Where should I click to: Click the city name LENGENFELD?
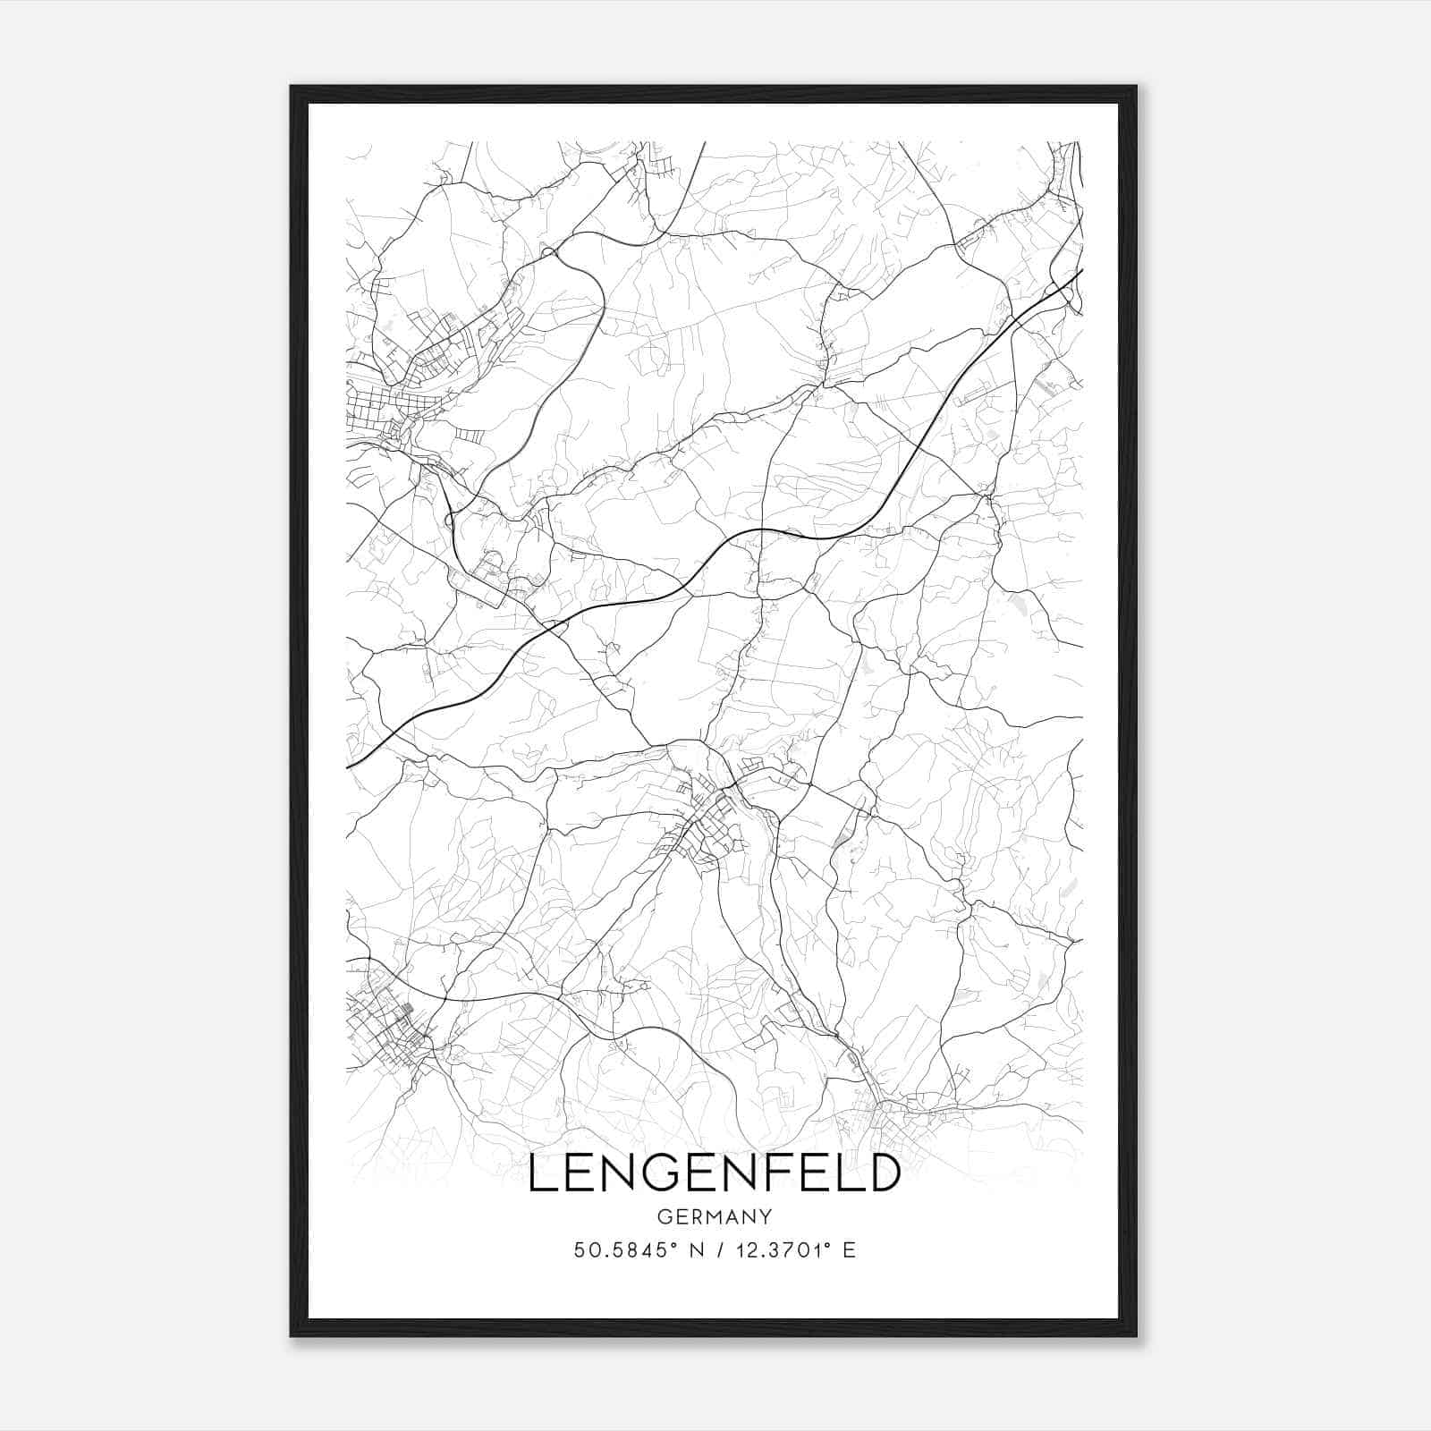pos(714,1173)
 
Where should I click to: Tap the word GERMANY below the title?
pos(714,1217)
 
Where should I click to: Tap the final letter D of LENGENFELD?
pos(885,1173)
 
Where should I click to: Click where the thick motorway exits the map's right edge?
pos(1081,270)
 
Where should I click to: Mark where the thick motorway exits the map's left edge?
pos(348,767)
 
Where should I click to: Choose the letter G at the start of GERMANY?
pos(663,1217)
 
